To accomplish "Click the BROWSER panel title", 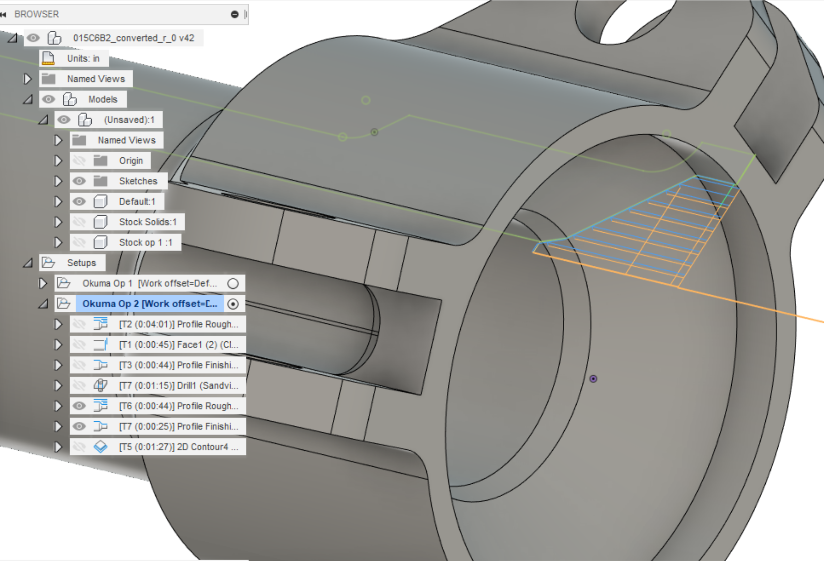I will click(36, 14).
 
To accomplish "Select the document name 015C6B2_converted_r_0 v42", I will click(133, 38).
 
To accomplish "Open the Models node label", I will click(103, 99).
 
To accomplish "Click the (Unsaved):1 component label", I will click(129, 120).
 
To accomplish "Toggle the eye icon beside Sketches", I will click(79, 181).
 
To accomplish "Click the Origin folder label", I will click(131, 160).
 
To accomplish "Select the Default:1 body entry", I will click(137, 202).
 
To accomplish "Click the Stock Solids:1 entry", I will click(148, 222).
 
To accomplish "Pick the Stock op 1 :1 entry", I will click(146, 243).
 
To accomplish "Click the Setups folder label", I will click(81, 263).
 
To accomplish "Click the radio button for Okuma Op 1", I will click(233, 283).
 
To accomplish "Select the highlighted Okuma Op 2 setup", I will click(150, 304).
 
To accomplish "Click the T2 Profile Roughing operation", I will click(178, 324).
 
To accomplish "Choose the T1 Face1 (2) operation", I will click(178, 344).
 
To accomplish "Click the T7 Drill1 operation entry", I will click(178, 386).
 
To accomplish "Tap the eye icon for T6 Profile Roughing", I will click(79, 406).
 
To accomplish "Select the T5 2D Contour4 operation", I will click(178, 447).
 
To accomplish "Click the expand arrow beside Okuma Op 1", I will click(43, 283).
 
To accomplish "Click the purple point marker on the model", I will click(593, 379).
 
